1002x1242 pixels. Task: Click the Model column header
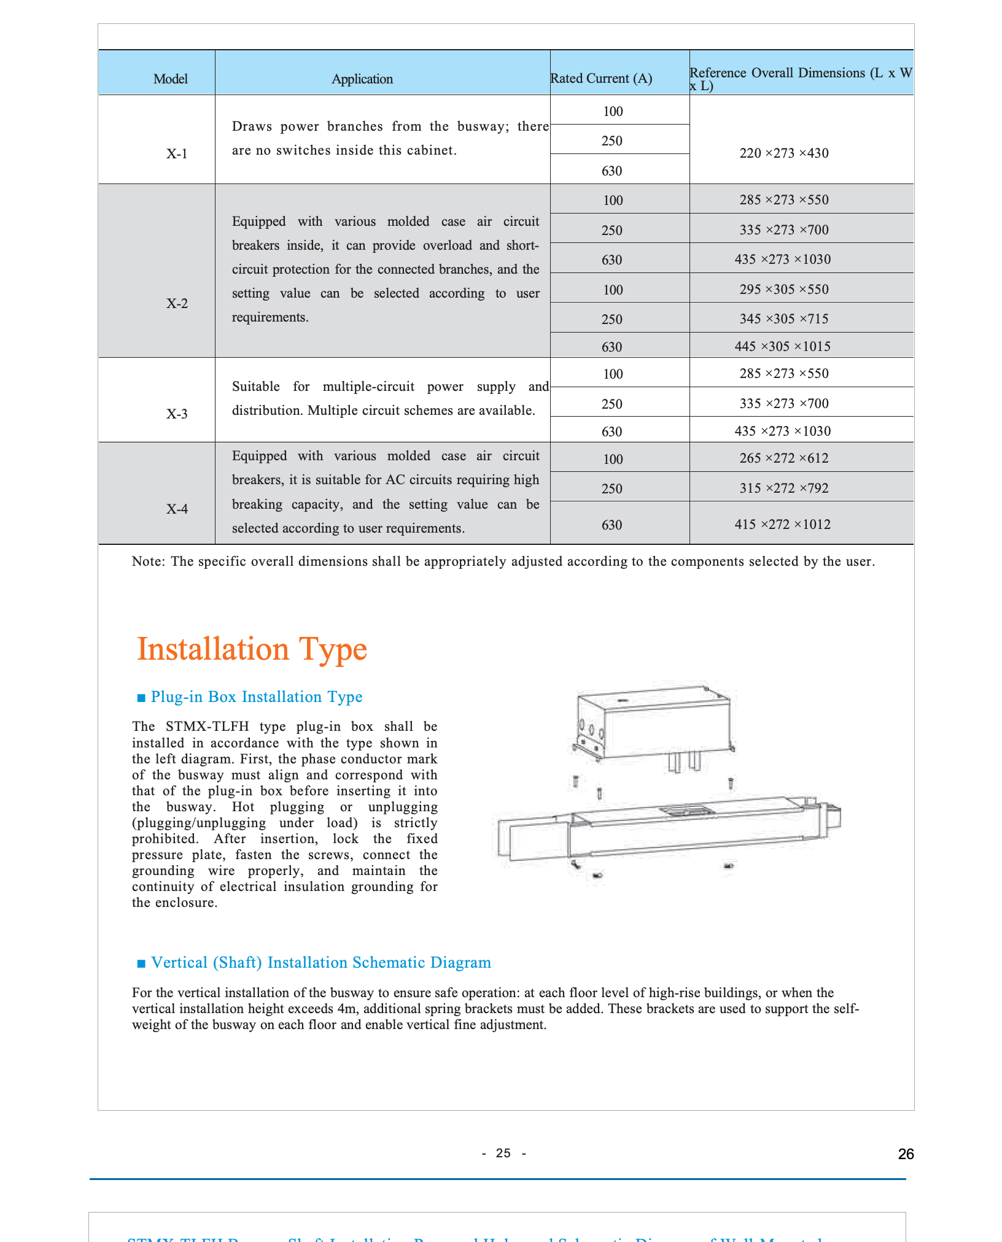click(x=171, y=79)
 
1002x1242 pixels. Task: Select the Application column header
click(x=362, y=79)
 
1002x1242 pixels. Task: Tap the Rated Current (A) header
click(x=601, y=79)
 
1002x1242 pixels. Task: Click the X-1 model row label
click(x=177, y=153)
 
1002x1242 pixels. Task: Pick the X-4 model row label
click(x=177, y=509)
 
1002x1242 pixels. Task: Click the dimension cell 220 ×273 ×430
click(x=783, y=153)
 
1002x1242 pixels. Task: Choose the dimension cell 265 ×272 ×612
click(x=783, y=458)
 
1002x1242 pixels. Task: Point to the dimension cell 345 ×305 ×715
click(x=783, y=319)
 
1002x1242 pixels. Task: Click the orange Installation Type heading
click(x=252, y=649)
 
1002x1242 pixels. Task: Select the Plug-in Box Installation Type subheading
click(x=256, y=697)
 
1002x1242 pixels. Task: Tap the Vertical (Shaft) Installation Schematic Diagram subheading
click(x=320, y=963)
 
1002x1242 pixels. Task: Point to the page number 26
click(x=906, y=1154)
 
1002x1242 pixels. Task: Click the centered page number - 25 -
click(x=503, y=1154)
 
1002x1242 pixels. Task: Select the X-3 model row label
click(x=177, y=414)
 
